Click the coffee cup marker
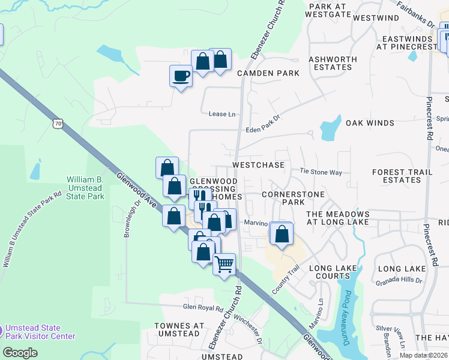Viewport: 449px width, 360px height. tap(181, 76)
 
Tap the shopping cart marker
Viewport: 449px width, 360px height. tap(224, 264)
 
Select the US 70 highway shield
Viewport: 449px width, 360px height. tap(58, 124)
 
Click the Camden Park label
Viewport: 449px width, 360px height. tap(268, 73)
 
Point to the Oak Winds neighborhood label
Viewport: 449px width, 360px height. tap(370, 123)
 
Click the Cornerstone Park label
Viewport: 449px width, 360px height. tap(294, 199)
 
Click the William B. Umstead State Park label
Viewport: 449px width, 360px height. tap(85, 188)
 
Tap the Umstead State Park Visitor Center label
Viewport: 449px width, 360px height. tap(41, 332)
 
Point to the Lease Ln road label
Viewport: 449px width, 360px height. tap(218, 114)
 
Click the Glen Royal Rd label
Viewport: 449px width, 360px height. tap(203, 307)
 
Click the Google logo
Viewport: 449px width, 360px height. tap(20, 353)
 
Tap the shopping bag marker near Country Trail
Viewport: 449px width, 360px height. tap(282, 234)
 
